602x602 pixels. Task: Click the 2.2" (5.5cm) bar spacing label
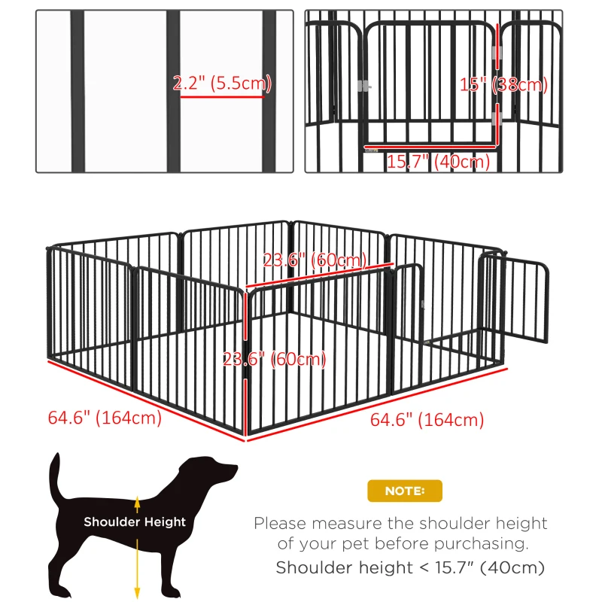(222, 84)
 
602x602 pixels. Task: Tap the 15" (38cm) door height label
(503, 85)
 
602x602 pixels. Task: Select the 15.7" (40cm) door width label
(438, 161)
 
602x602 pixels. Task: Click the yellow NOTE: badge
(404, 491)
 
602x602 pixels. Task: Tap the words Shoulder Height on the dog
(135, 521)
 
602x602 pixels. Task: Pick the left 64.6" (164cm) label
(105, 418)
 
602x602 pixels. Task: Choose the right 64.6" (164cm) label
(427, 420)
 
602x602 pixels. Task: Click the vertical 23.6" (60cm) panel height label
(275, 359)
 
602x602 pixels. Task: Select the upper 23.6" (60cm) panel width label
(315, 260)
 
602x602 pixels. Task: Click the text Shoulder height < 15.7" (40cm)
(410, 567)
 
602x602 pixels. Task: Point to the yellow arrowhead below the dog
(137, 591)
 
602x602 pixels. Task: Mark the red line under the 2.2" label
(222, 96)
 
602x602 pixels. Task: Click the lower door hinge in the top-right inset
(497, 118)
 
